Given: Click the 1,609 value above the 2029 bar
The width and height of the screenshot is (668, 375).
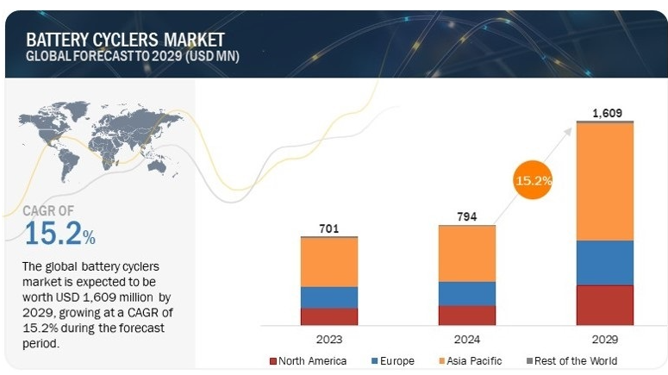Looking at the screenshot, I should (605, 113).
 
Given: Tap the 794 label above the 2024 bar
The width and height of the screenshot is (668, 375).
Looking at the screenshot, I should (467, 216).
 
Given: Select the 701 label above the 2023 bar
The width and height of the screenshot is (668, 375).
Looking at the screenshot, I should (328, 228).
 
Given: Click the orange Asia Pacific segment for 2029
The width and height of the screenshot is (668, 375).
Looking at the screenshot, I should (605, 181).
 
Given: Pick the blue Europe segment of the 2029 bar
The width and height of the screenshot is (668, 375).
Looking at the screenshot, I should (605, 262).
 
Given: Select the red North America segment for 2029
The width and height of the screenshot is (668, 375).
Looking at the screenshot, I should (605, 304).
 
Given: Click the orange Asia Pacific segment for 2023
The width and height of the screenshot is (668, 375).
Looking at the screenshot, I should (328, 262).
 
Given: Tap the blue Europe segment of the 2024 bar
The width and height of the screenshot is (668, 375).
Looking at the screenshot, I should (467, 293).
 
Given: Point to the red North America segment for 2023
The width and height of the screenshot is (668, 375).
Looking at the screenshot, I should (328, 316).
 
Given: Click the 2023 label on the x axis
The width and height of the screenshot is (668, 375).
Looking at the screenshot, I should (328, 338).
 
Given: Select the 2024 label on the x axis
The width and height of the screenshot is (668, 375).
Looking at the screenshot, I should (467, 338).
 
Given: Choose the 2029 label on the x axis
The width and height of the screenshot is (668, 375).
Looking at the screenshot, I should (605, 338).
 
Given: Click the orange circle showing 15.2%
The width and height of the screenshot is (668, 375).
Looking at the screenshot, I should (534, 181).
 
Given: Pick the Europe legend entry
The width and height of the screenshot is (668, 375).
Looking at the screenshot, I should (392, 360).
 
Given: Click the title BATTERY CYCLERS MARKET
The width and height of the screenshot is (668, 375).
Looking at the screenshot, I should (125, 40).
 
